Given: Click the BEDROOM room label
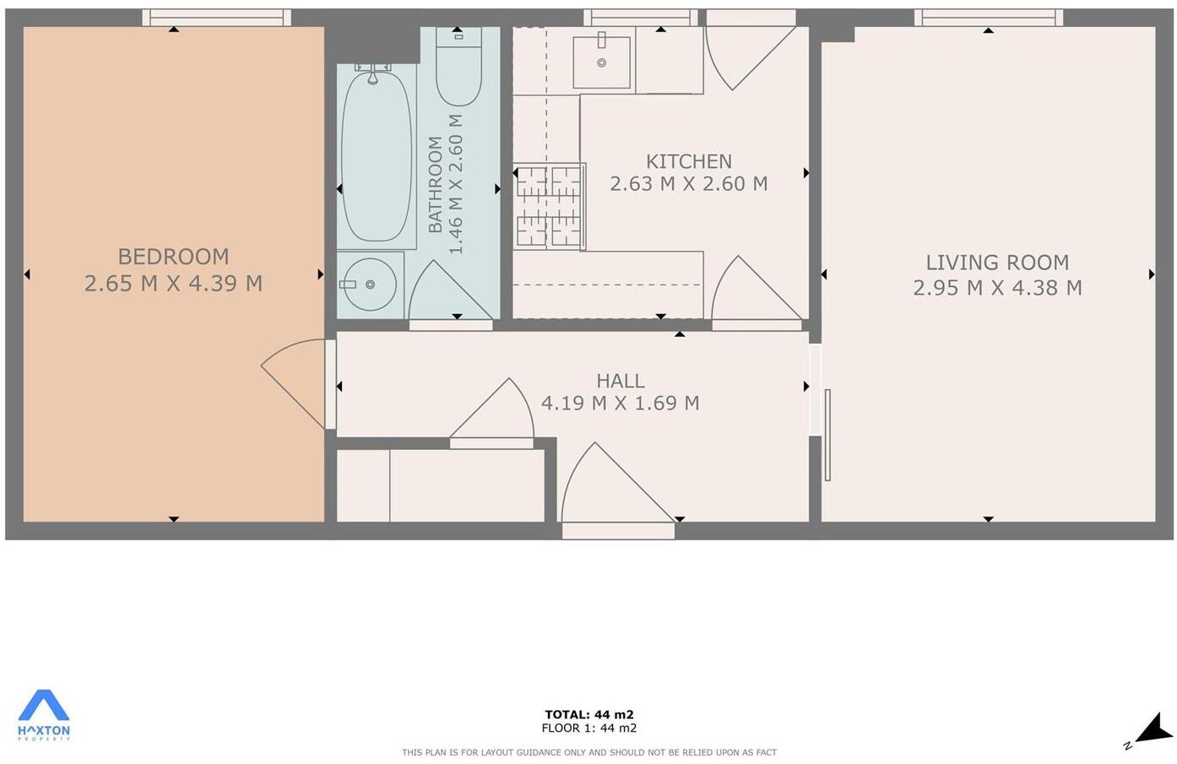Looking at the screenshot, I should [173, 257].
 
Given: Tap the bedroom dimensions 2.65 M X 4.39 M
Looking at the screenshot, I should [173, 284].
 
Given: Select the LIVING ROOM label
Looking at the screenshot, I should [997, 263].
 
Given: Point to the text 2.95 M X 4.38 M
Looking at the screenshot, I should [997, 288].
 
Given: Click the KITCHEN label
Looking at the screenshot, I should [688, 161].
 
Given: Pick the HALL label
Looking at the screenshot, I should [620, 381].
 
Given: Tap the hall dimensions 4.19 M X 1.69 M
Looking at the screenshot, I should [620, 404].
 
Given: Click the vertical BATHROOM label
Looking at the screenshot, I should [436, 184].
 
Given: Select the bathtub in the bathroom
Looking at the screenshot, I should [376, 156].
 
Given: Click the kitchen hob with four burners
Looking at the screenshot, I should [549, 207].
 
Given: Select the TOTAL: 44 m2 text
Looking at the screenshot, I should [588, 714].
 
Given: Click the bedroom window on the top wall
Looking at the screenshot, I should [216, 17].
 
